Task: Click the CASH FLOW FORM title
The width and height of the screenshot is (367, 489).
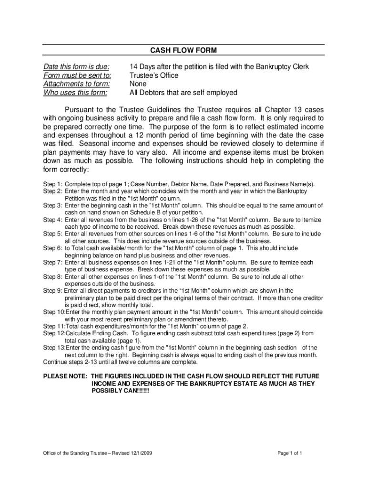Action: pyautogui.click(x=183, y=50)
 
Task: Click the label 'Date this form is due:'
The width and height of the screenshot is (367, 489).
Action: pyautogui.click(x=76, y=66)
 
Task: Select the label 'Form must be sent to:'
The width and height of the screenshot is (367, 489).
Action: pyautogui.click(x=77, y=75)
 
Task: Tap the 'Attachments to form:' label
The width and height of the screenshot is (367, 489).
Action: pyautogui.click(x=76, y=84)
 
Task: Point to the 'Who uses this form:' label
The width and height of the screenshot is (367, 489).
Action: pyautogui.click(x=75, y=93)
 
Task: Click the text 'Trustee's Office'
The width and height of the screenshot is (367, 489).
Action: pyautogui.click(x=154, y=75)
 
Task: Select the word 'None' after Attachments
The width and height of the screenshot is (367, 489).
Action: pyautogui.click(x=138, y=84)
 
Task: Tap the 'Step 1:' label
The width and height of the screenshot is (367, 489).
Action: pyautogui.click(x=52, y=184)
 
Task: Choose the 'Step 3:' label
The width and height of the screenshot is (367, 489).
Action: pyautogui.click(x=52, y=205)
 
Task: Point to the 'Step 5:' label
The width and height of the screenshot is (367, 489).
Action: pyautogui.click(x=52, y=234)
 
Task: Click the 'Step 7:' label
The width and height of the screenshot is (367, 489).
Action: pyautogui.click(x=52, y=263)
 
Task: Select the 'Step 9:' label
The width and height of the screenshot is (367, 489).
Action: pyautogui.click(x=52, y=291)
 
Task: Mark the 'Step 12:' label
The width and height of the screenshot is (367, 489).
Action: pyautogui.click(x=54, y=333)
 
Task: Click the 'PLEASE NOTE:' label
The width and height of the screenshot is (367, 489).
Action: pyautogui.click(x=65, y=376)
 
